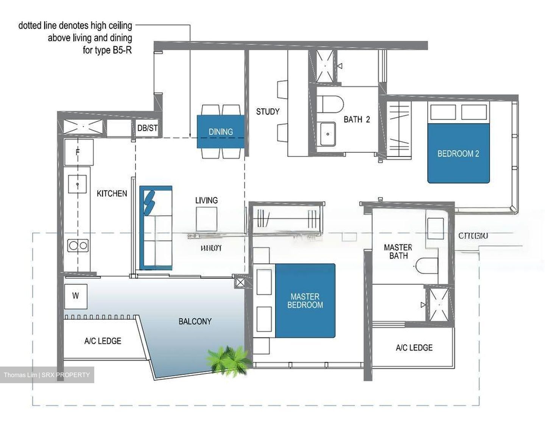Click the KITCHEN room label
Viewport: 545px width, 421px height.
(112, 194)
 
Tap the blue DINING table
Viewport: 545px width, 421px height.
(220, 132)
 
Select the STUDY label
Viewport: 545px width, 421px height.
(268, 112)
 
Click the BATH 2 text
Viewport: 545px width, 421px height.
(357, 120)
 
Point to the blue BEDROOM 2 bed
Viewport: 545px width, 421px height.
(458, 154)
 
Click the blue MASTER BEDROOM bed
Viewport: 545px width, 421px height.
(305, 301)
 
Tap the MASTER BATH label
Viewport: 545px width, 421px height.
(398, 252)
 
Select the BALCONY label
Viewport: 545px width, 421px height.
(195, 322)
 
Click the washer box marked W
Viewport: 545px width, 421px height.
(76, 295)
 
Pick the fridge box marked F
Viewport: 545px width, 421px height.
(78, 152)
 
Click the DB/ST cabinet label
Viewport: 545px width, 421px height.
(147, 128)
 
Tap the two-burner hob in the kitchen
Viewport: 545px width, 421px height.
(78, 245)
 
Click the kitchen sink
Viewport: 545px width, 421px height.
(78, 184)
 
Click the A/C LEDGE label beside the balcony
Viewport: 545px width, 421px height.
(103, 341)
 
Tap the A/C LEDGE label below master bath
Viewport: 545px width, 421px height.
(414, 348)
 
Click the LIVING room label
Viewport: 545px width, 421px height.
(206, 200)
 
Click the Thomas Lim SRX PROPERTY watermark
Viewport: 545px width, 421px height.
(47, 375)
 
